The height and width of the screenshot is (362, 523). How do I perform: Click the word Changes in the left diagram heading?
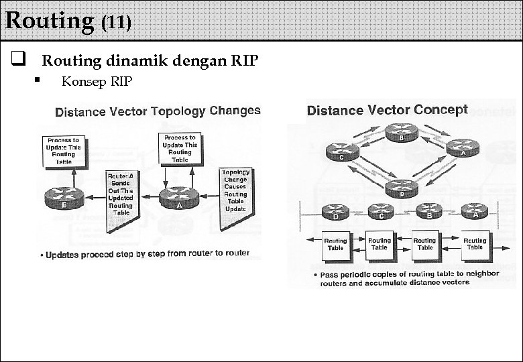(x=235, y=111)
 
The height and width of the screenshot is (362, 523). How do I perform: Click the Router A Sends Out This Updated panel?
(x=121, y=195)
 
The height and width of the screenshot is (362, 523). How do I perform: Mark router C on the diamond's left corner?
(x=342, y=152)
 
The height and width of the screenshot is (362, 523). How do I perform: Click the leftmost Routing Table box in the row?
(x=335, y=244)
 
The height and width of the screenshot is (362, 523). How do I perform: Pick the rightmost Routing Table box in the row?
(x=475, y=243)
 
